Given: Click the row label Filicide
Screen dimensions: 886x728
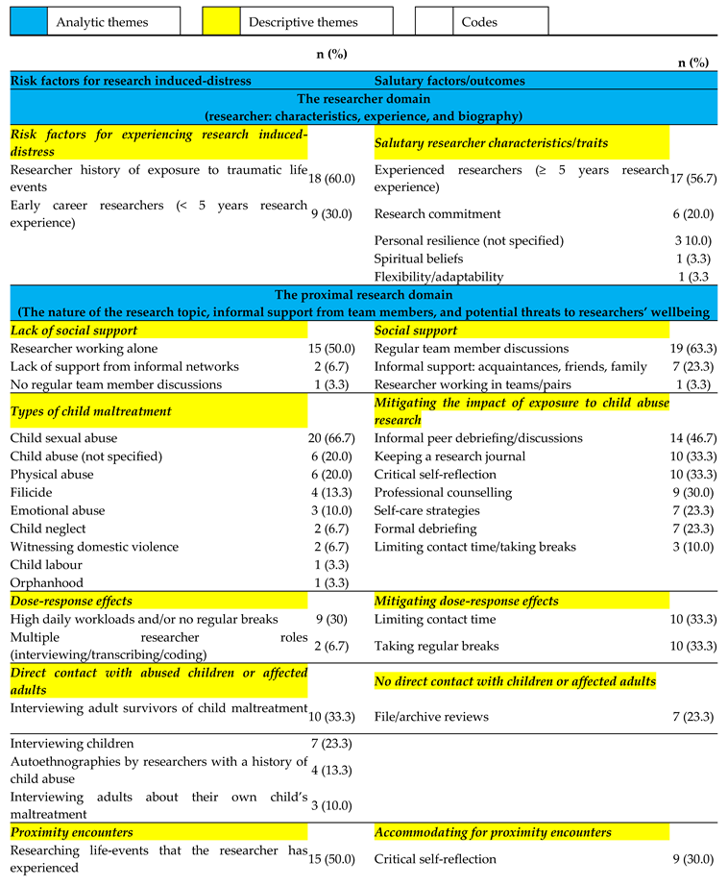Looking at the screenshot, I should [x=34, y=493].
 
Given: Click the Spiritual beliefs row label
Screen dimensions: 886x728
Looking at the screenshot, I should [x=419, y=258].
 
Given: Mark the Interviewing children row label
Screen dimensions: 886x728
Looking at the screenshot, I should [x=72, y=744].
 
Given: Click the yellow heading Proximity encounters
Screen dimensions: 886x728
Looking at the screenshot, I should [x=72, y=832].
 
